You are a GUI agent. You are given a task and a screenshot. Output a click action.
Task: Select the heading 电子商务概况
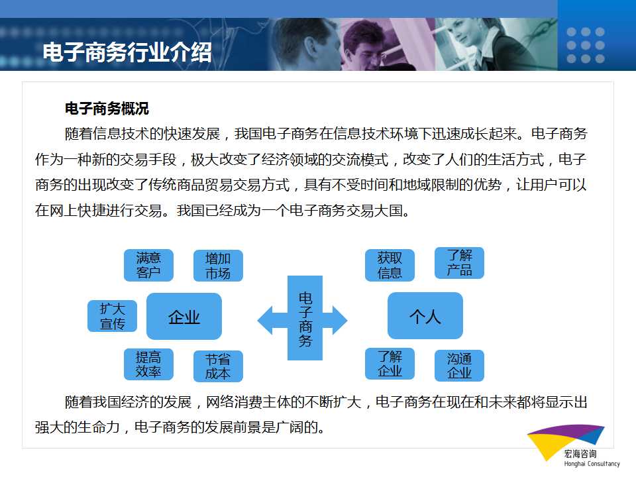(x=107, y=109)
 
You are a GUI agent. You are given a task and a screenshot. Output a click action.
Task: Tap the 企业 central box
(x=184, y=317)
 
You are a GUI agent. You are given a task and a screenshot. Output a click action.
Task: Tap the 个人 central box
(x=425, y=315)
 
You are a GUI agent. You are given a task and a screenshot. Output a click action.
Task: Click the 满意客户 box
(x=148, y=265)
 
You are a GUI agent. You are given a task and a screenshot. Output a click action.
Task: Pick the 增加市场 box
(x=218, y=266)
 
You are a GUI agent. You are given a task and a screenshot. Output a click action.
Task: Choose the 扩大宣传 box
(x=113, y=316)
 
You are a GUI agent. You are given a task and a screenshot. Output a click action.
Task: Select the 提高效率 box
(x=148, y=364)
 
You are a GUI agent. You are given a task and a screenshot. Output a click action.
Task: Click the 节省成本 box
(x=218, y=366)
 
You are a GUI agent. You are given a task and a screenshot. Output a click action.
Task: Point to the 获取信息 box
(x=390, y=265)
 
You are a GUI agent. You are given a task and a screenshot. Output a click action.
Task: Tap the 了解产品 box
(x=460, y=263)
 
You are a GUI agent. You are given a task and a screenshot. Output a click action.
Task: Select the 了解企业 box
(x=390, y=364)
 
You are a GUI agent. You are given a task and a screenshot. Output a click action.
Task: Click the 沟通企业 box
(x=460, y=366)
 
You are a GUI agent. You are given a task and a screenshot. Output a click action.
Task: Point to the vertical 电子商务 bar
(x=305, y=318)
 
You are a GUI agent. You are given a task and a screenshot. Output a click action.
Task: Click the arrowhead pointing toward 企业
(x=265, y=320)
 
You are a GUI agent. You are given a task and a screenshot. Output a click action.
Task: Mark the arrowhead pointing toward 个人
(x=340, y=320)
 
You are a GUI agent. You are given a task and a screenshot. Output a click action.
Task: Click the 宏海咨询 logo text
(x=580, y=454)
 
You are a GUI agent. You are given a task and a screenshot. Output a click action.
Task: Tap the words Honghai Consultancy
(x=592, y=464)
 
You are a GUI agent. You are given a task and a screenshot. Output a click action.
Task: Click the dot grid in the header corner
(x=586, y=45)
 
